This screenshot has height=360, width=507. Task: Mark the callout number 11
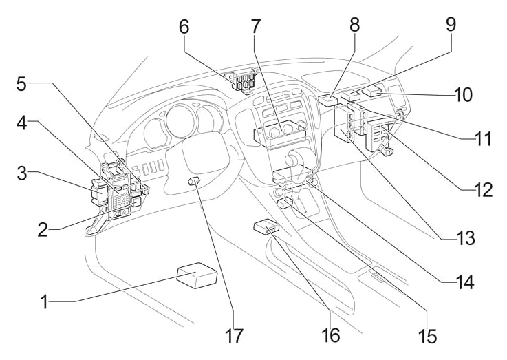pyautogui.click(x=484, y=140)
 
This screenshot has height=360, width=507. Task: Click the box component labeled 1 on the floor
pyautogui.click(x=196, y=276)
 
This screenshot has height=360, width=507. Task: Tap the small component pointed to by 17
pyautogui.click(x=195, y=182)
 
